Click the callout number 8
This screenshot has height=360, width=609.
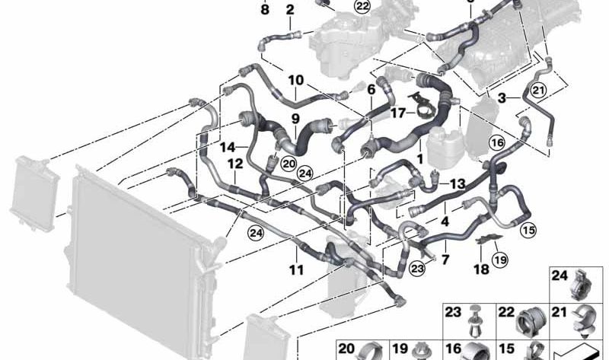pyautogui.click(x=264, y=9)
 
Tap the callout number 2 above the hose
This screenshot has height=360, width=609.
pyautogui.click(x=290, y=10)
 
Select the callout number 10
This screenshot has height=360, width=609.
pyautogui.click(x=296, y=80)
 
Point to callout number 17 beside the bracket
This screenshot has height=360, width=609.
pyautogui.click(x=398, y=113)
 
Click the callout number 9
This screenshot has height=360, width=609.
pyautogui.click(x=295, y=118)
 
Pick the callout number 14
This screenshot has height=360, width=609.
pyautogui.click(x=228, y=148)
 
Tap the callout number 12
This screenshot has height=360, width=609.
pyautogui.click(x=235, y=164)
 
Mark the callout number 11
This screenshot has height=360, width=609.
pyautogui.click(x=296, y=269)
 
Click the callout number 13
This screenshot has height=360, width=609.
pyautogui.click(x=458, y=183)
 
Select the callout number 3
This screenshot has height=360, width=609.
pyautogui.click(x=502, y=98)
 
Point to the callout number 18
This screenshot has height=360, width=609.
pyautogui.click(x=481, y=269)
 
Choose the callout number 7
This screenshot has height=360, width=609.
pyautogui.click(x=445, y=259)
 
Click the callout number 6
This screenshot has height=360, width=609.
pyautogui.click(x=371, y=90)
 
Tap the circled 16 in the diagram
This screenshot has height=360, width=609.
pyautogui.click(x=498, y=143)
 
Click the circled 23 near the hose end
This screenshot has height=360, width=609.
pyautogui.click(x=418, y=268)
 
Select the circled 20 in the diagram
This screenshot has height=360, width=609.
pyautogui.click(x=289, y=164)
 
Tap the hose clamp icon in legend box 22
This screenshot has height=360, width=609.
pyautogui.click(x=531, y=324)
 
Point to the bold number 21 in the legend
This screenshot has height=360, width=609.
pyautogui.click(x=560, y=312)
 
